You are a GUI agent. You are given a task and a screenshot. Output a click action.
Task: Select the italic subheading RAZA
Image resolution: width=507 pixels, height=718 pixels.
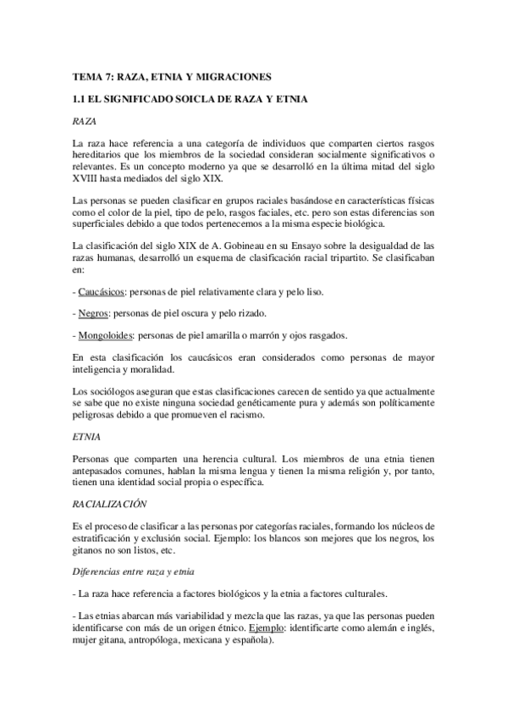click(x=85, y=122)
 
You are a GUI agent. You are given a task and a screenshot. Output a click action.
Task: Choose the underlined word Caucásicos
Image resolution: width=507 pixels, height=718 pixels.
click(x=100, y=292)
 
